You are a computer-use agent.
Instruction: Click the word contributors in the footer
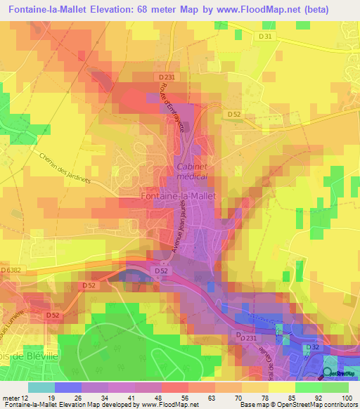pos(340,405)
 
